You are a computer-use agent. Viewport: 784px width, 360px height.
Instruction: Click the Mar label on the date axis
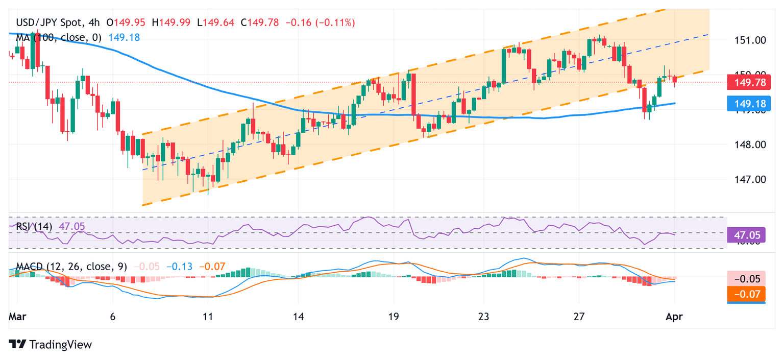point(18,316)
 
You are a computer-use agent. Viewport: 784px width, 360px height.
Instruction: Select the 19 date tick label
point(393,316)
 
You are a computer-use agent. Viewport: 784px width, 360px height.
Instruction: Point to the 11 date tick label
point(207,316)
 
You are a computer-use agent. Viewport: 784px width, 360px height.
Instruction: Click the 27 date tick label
point(579,316)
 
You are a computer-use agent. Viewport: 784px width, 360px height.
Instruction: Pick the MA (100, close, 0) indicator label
point(59,37)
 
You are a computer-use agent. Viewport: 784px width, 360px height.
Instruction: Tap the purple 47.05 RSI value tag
point(746,234)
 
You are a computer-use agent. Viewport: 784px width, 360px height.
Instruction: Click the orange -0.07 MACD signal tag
point(746,294)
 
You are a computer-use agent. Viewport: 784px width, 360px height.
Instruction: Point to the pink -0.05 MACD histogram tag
point(746,279)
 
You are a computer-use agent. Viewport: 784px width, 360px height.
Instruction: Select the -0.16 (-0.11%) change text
point(321,22)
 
